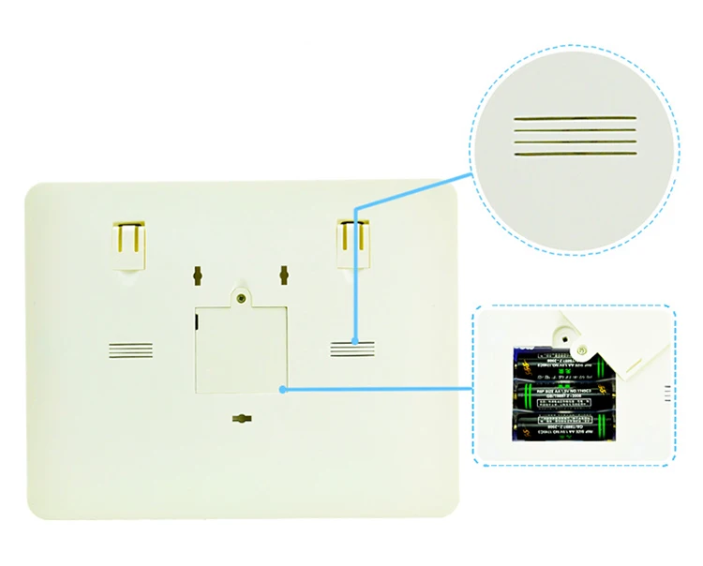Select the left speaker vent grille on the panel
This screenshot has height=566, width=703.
130,350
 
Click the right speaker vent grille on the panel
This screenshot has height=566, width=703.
352,350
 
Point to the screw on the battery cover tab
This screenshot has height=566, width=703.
241,297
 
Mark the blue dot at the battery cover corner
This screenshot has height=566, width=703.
284,387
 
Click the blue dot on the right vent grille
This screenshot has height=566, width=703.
354,341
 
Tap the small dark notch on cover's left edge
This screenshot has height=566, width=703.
197,321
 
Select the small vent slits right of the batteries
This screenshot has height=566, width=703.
666,394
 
